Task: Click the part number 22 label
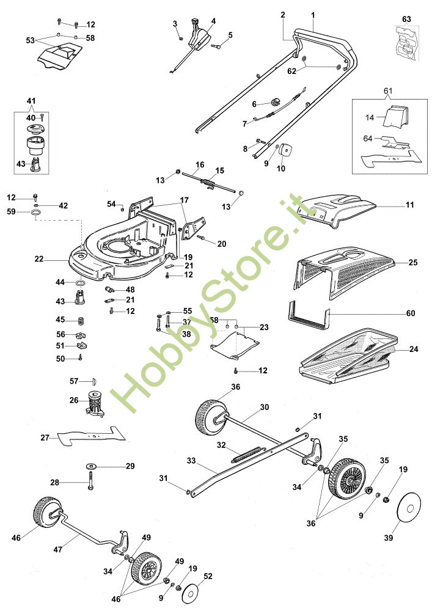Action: (39, 258)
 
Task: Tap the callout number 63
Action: (406, 19)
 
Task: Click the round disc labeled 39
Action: (409, 509)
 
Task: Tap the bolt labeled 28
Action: (91, 480)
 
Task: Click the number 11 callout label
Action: (410, 205)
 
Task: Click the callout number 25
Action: (413, 262)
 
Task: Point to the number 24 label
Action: (414, 349)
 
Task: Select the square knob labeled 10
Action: (288, 149)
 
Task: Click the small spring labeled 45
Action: (81, 321)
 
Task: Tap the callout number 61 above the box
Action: (388, 91)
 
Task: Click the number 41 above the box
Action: (31, 101)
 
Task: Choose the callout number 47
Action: (57, 550)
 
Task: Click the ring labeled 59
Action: (37, 213)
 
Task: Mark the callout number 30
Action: (265, 407)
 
